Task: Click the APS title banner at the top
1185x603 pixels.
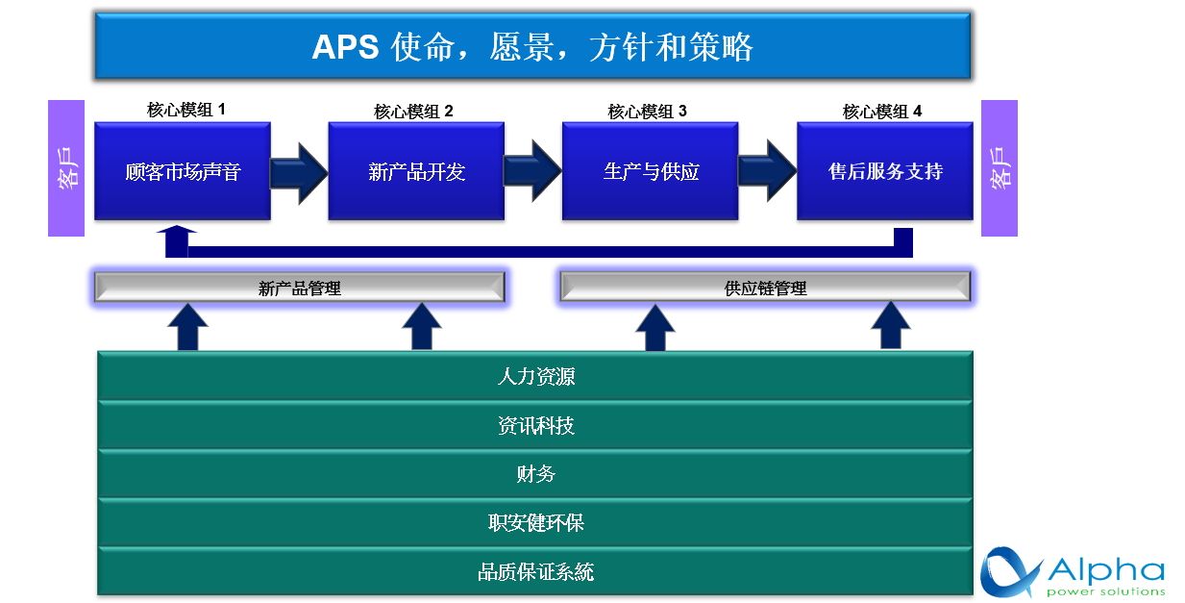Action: (x=532, y=46)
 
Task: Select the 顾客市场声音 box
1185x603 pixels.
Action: (x=183, y=171)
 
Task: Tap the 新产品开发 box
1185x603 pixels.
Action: (x=416, y=171)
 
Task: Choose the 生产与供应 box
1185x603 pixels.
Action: (x=650, y=171)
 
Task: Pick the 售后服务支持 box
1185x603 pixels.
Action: (x=885, y=171)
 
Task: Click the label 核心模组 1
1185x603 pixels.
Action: (x=186, y=110)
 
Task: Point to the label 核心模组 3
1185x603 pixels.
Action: (x=647, y=112)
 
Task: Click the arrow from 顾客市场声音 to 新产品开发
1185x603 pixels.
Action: (x=300, y=172)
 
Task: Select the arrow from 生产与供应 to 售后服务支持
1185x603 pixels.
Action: (x=768, y=170)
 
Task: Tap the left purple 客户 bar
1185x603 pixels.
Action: (x=66, y=168)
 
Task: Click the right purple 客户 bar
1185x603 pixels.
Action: (x=1000, y=168)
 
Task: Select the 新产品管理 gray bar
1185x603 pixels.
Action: (x=300, y=288)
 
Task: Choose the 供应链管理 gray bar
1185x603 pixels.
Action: (x=765, y=287)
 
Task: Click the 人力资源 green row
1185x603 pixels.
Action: (x=535, y=375)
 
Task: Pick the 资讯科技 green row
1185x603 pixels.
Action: (x=535, y=425)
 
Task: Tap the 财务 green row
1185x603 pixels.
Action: (x=535, y=474)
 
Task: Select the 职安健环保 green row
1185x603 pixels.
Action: (x=535, y=522)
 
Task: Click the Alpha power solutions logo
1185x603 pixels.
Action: (x=1073, y=572)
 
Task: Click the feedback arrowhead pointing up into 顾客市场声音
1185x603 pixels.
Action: (x=177, y=232)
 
